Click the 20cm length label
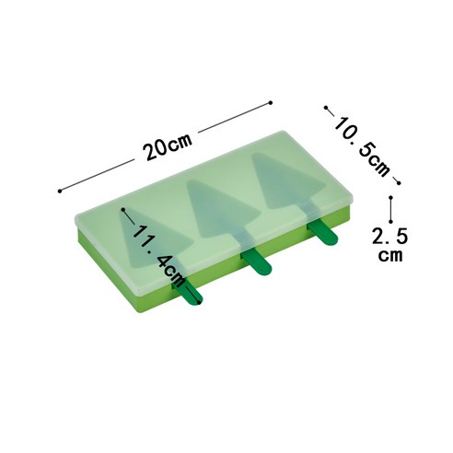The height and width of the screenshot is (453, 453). click(x=168, y=146)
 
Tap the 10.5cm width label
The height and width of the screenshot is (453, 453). click(x=362, y=146)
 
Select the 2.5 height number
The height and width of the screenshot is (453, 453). click(x=390, y=236)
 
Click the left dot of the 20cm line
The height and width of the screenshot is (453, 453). click(x=60, y=191)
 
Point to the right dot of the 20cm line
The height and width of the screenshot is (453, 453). click(x=271, y=103)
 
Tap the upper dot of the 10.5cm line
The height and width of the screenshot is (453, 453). click(x=326, y=108)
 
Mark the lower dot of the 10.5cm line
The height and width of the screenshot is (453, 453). click(x=399, y=183)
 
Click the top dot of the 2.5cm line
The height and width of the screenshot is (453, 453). click(x=390, y=198)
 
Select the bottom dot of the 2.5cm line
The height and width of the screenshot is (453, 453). click(x=390, y=221)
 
